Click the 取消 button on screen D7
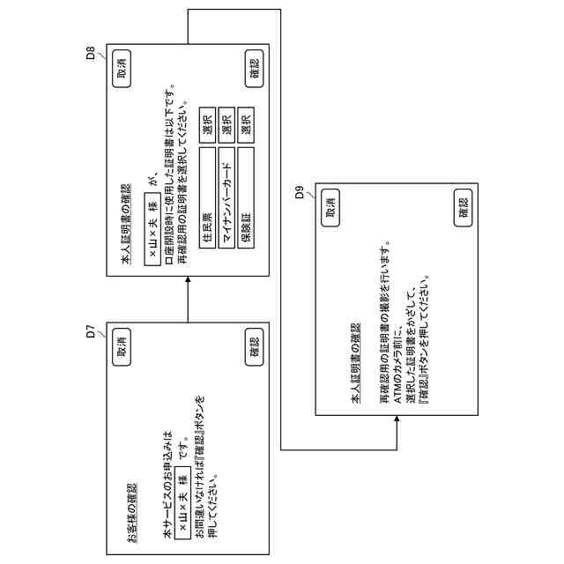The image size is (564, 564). pos(122,346)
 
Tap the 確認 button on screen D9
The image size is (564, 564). pos(464,208)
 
